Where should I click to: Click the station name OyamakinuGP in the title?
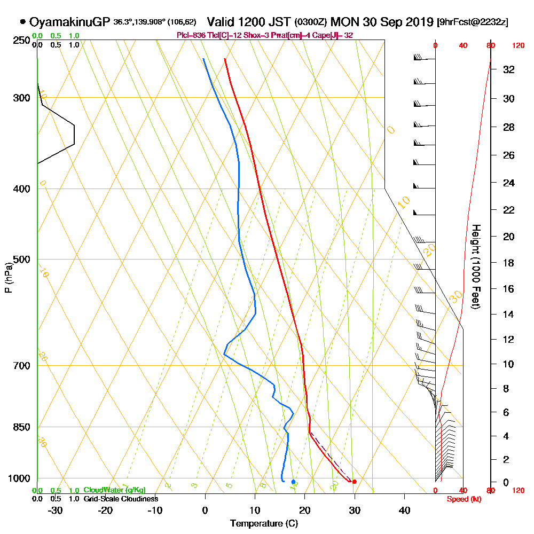(69, 22)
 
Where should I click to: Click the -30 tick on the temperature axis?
(55, 510)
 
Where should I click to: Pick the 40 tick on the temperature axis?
(404, 510)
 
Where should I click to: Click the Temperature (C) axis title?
(264, 523)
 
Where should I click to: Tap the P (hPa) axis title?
(8, 278)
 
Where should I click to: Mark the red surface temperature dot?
(354, 482)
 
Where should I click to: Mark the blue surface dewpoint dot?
(293, 482)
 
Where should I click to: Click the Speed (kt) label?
(462, 499)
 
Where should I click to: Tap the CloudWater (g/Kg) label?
(114, 490)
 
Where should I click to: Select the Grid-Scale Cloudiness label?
(120, 499)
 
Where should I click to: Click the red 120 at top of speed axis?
(518, 46)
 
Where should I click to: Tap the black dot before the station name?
(22, 22)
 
